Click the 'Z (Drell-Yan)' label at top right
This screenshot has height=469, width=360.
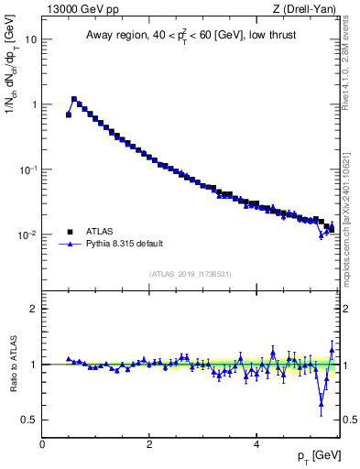tap(304, 9)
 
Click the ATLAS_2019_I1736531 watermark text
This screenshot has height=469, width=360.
tap(191, 274)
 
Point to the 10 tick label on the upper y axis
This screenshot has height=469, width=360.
tap(31, 39)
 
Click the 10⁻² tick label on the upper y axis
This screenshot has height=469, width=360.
tap(27, 235)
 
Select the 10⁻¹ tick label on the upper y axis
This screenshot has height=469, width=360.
tap(27, 169)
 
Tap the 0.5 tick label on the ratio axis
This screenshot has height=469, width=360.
tap(28, 420)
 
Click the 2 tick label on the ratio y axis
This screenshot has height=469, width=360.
tap(33, 309)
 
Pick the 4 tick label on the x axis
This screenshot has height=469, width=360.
tap(256, 444)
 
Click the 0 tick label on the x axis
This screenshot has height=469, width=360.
tap(42, 444)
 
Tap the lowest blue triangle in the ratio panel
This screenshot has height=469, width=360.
tap(321, 403)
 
